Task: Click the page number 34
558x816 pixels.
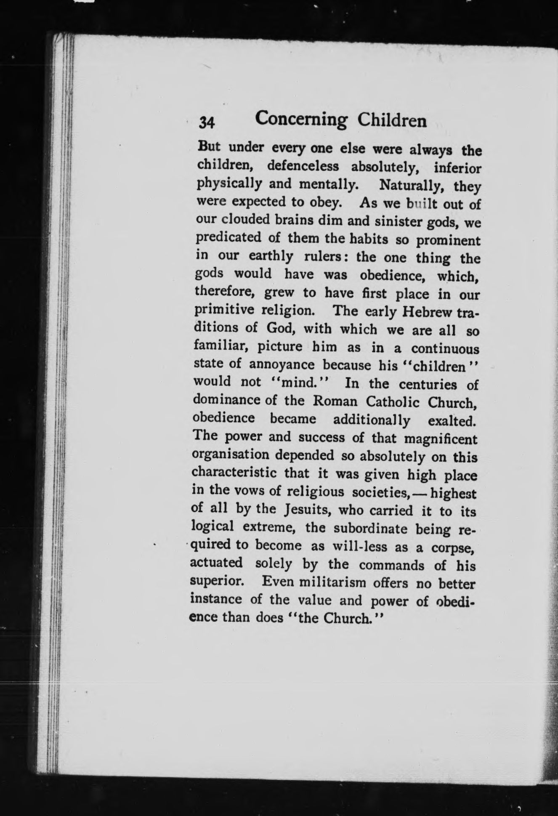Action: pyautogui.click(x=207, y=122)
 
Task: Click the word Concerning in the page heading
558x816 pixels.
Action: pyautogui.click(x=301, y=120)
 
